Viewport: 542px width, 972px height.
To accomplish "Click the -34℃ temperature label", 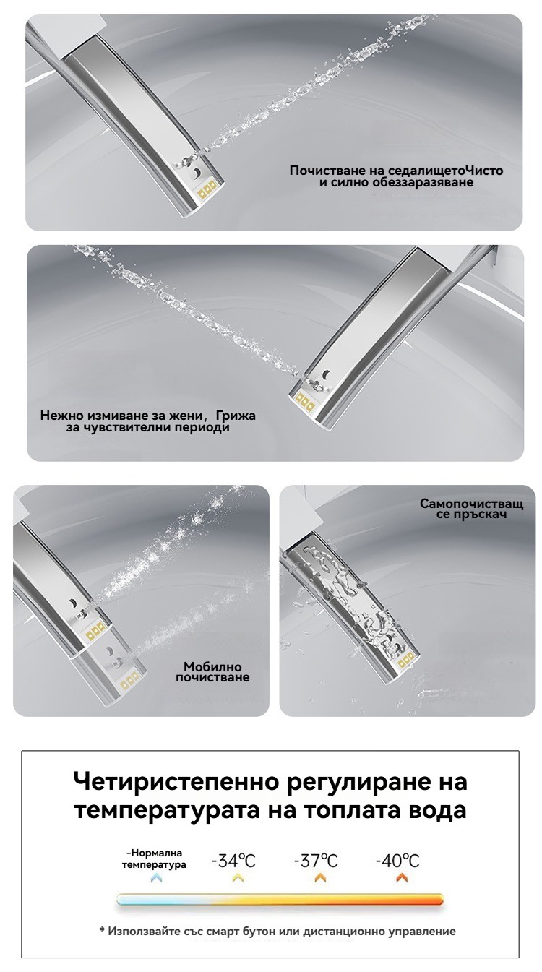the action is coord(233,861).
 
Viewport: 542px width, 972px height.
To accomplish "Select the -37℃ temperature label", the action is coord(316,861).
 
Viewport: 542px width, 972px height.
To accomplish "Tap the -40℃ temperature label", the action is coord(397,861).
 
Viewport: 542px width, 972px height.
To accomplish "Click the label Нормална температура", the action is coord(154,859).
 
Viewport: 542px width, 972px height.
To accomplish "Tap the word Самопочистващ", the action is coord(472,504).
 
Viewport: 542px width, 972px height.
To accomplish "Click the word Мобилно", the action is coord(212,666).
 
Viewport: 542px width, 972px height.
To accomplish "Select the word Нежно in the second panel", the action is coord(62,416).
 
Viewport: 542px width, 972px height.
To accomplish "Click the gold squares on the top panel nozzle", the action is coord(207,189).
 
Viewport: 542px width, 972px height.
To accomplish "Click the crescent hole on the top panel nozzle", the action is coord(197,173).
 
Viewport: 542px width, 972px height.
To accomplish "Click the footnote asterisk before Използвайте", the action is coord(102,930).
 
